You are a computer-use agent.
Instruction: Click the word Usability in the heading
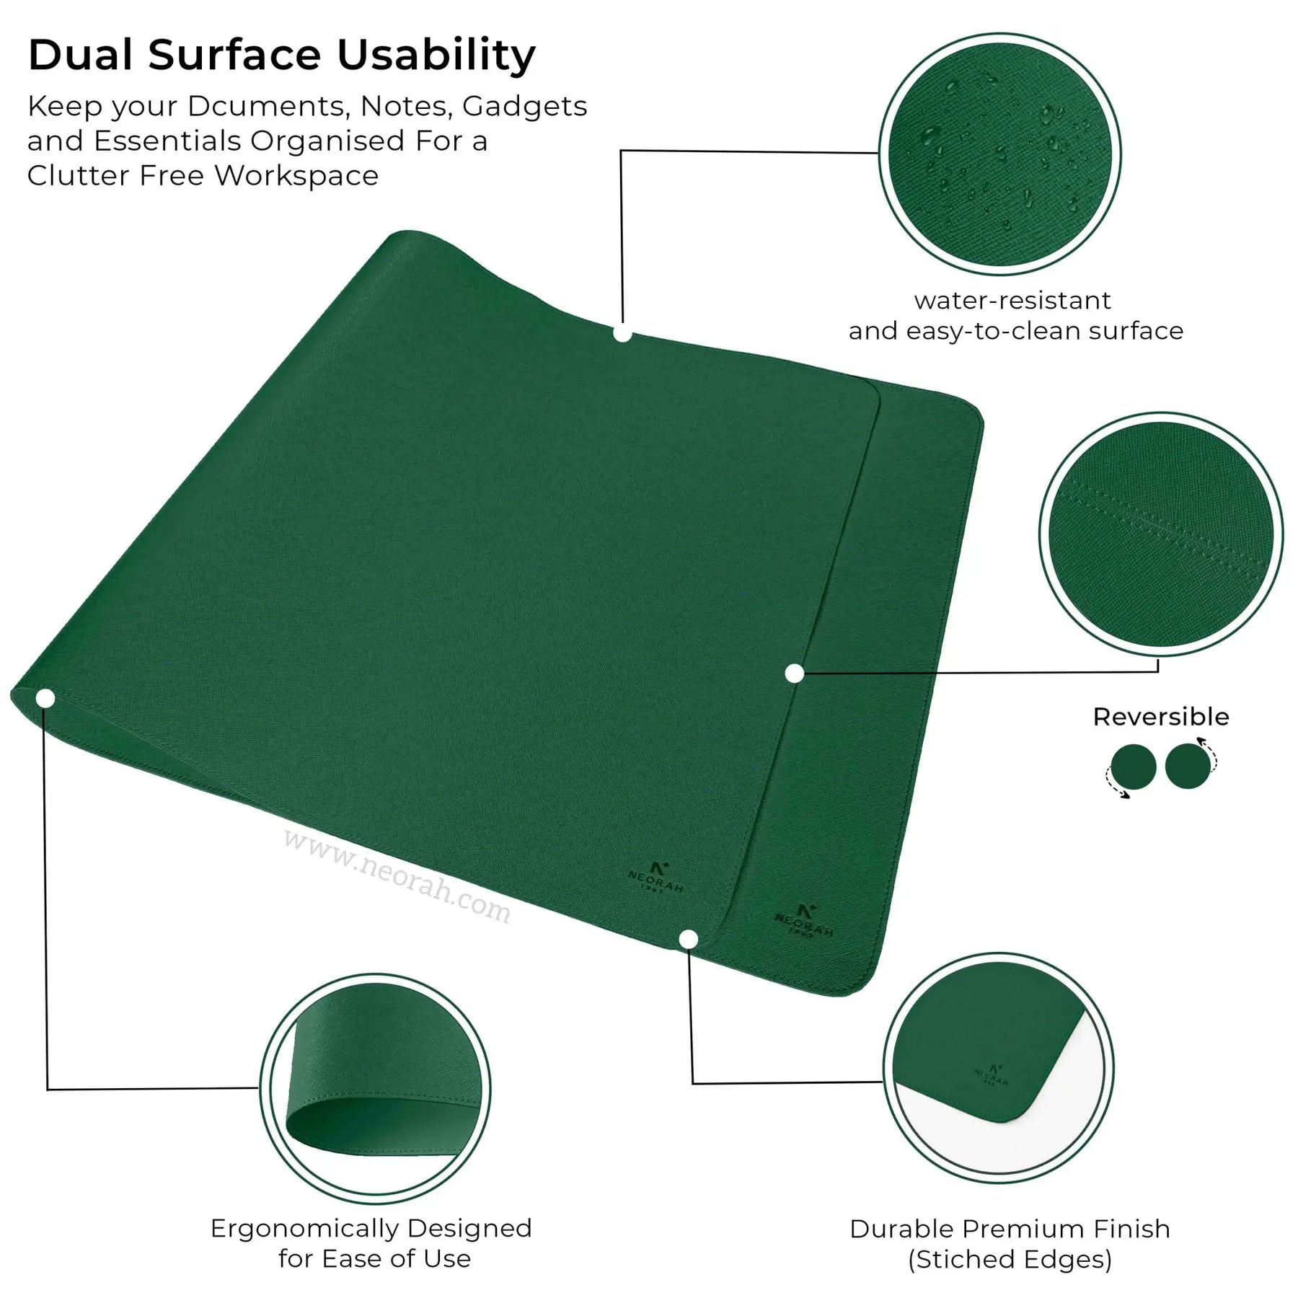coord(436,56)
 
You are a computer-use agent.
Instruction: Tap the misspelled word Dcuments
coord(269,106)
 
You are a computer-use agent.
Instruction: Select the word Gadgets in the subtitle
coord(524,107)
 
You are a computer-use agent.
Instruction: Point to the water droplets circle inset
coord(1000,154)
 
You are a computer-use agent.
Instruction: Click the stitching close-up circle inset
coord(1161,534)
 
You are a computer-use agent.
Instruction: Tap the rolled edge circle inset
coord(375,1088)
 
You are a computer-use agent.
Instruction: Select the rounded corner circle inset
coord(999,1067)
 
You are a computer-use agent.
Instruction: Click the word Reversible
coord(1161,717)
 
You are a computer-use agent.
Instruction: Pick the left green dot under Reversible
coord(1133,767)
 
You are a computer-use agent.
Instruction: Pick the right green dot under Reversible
coord(1187,767)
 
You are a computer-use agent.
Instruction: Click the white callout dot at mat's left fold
coord(45,698)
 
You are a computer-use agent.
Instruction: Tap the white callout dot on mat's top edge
coord(622,334)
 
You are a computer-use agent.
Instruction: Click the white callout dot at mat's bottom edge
coord(689,939)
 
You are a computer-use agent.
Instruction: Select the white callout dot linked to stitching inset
coord(794,674)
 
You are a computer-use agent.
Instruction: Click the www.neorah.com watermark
coord(397,878)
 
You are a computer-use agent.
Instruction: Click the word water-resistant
coord(1012,300)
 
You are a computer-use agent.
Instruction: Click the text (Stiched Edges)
coord(1010,1260)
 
